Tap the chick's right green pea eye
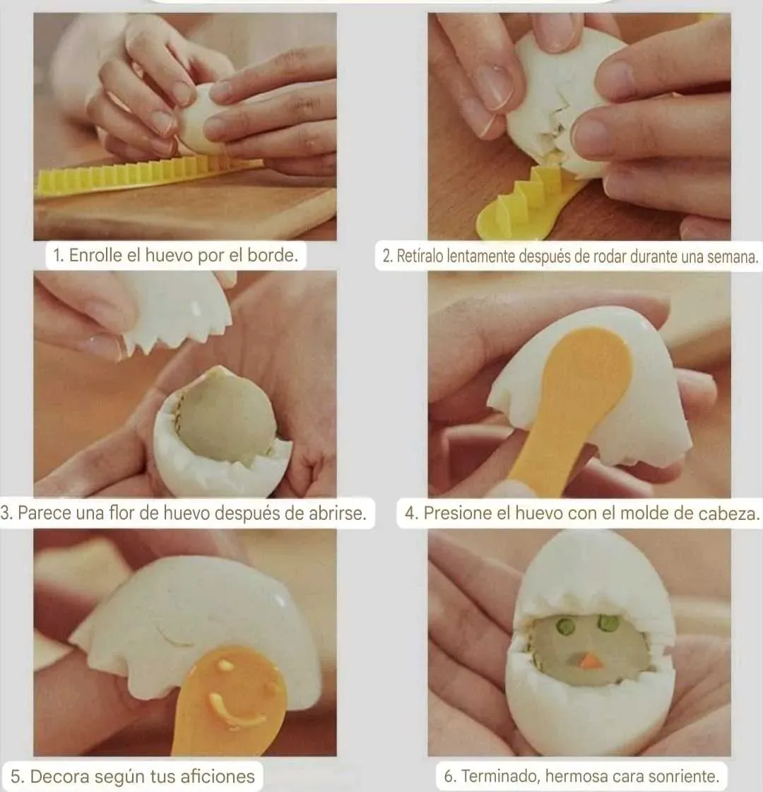(x=608, y=622)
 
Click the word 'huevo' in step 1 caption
(x=169, y=255)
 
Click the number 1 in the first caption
(x=58, y=256)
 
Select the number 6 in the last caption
(x=449, y=776)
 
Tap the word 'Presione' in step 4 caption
(x=458, y=513)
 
